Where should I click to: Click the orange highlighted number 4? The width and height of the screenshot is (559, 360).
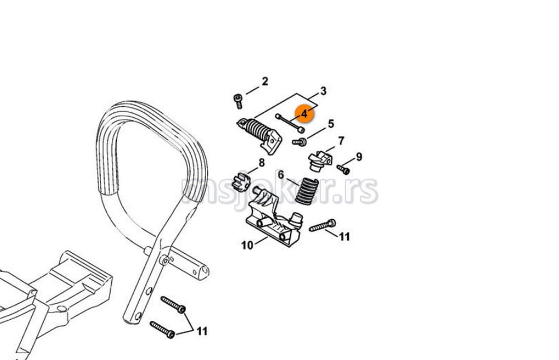coord(304,113)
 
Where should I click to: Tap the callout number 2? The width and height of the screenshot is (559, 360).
coord(264,81)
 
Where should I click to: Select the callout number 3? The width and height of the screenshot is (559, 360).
coord(323,91)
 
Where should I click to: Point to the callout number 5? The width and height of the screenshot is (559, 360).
coord(331,124)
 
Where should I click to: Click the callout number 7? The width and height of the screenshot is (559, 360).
coord(341,141)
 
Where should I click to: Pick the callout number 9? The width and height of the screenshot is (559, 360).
coord(359,157)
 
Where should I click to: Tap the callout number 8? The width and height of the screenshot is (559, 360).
coord(262,163)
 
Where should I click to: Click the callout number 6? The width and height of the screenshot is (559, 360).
coord(281,174)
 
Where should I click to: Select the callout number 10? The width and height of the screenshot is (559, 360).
coord(247,245)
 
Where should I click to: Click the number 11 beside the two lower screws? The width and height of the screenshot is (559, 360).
coord(202,331)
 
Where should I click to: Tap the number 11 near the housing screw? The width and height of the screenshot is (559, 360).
coord(344,236)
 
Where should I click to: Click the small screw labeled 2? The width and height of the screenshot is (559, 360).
coord(238,101)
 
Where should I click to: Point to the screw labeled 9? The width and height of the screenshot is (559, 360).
coord(343,169)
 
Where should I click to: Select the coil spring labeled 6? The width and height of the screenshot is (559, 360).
coord(307,191)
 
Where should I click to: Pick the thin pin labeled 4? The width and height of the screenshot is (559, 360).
coord(290,122)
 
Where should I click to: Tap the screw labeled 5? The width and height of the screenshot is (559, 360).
coord(300,142)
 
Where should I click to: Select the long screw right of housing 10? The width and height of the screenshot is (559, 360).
coord(323,226)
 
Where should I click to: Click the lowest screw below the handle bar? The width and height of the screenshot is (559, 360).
coord(162,330)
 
